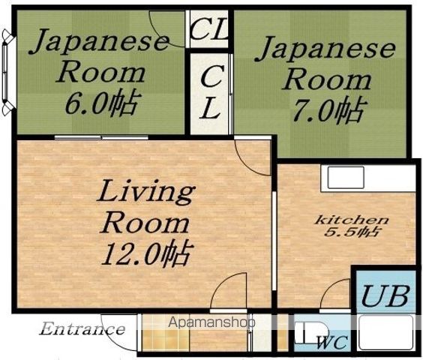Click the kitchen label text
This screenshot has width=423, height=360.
tap(352, 220)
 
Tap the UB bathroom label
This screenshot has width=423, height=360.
tap(385, 296)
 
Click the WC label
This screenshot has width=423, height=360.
tap(332, 343)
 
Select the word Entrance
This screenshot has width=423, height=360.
tap(82, 329)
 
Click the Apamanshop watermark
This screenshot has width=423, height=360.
tap(211, 322)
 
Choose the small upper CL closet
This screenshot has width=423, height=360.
tap(208, 29)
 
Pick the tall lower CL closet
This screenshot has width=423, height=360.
tap(210, 94)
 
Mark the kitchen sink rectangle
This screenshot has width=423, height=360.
tap(346, 177)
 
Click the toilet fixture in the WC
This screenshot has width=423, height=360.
tap(310, 333)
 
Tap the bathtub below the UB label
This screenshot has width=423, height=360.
tap(385, 332)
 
